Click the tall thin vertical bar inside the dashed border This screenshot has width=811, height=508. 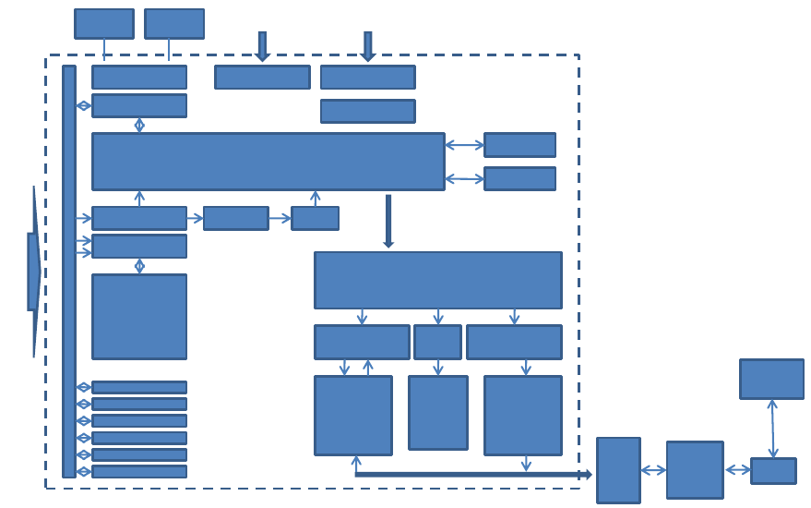click(69, 271)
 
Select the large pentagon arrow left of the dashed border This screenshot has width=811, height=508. click(34, 272)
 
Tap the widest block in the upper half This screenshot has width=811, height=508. click(268, 162)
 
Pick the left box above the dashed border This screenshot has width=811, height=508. click(104, 24)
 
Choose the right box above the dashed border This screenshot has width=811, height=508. click(174, 24)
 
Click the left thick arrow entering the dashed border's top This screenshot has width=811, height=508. click(262, 46)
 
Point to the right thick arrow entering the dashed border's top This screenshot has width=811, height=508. click(367, 46)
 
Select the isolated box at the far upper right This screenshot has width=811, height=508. click(771, 379)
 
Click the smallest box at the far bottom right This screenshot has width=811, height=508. click(773, 471)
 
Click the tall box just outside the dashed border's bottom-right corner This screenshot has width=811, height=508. click(618, 470)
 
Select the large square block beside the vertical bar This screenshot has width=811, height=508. click(139, 316)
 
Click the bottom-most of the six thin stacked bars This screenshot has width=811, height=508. click(139, 472)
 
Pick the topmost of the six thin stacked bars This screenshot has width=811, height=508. click(139, 388)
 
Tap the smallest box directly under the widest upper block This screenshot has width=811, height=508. click(315, 218)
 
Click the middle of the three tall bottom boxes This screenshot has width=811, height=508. click(438, 412)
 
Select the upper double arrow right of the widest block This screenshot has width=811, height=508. click(464, 145)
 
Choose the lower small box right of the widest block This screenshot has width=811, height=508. click(519, 178)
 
